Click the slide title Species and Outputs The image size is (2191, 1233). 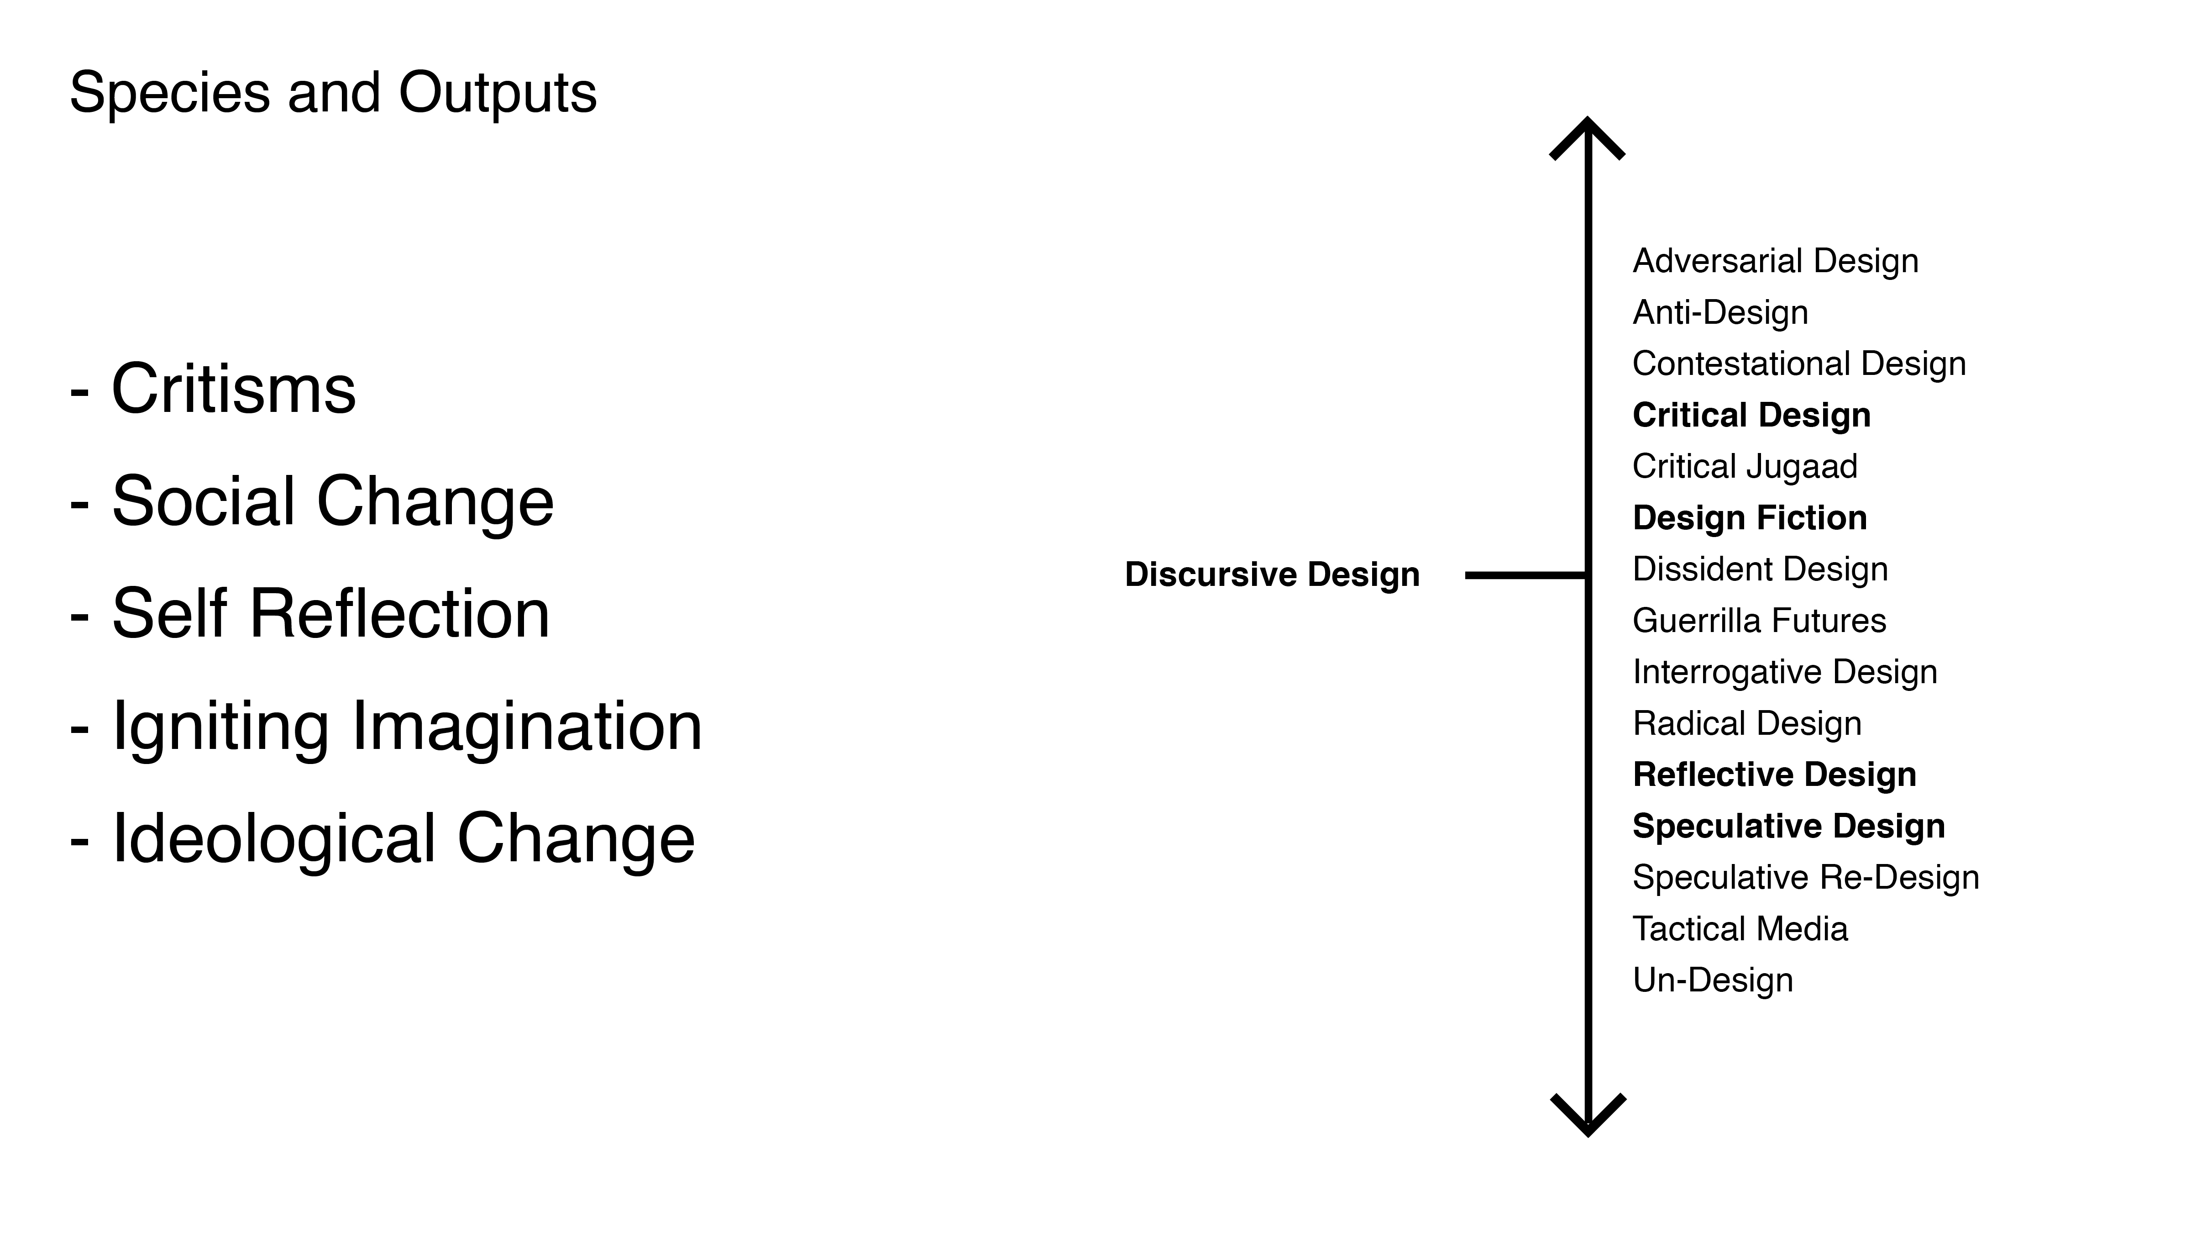(x=333, y=92)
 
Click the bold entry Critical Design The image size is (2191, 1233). (x=1751, y=415)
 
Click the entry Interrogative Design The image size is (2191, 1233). (x=1784, y=672)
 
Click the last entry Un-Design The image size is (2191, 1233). (x=1712, y=980)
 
